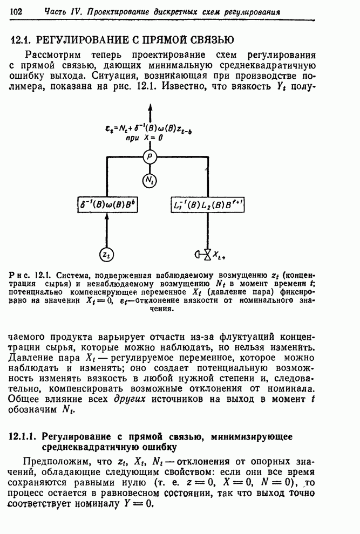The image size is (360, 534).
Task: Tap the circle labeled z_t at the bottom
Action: [106, 254]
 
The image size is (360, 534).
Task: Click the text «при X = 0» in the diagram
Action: [144, 138]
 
